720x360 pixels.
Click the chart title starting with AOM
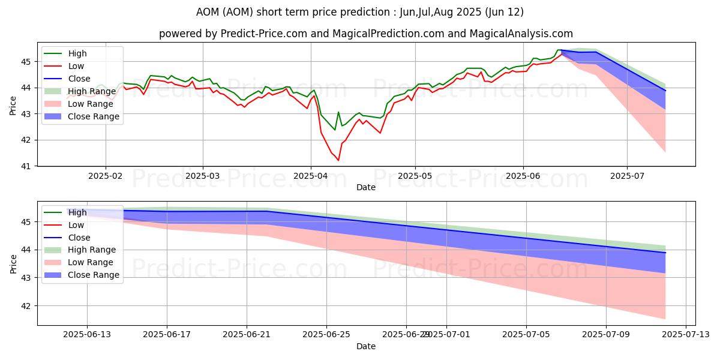coord(359,12)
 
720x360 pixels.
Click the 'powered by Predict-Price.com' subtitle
coord(365,34)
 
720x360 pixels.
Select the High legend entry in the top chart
coord(76,53)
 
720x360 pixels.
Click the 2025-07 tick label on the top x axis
coord(627,175)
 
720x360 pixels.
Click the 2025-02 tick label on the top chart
coord(106,175)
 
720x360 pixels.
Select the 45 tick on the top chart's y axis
coord(26,62)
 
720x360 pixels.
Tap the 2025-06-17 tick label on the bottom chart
coord(167,335)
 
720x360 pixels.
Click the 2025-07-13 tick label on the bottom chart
coord(685,335)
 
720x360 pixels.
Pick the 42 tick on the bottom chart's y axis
coord(26,306)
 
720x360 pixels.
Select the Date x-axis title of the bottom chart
coord(366,347)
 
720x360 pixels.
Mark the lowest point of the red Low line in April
coord(338,160)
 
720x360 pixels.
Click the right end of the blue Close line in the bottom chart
coord(665,253)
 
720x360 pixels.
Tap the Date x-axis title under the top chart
coord(366,187)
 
